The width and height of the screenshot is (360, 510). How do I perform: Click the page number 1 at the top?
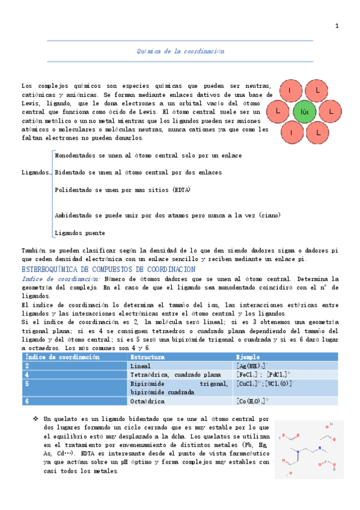(337, 26)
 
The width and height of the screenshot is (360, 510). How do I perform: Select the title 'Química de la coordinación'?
(180, 52)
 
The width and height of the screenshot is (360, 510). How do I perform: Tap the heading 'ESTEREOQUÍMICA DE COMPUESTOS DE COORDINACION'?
(108, 269)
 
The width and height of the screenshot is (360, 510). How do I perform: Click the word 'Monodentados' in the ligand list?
(74, 156)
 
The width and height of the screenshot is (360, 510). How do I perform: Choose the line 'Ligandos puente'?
(80, 233)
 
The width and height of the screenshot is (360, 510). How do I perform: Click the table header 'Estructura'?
(146, 357)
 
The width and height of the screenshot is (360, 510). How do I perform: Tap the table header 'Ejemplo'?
(249, 357)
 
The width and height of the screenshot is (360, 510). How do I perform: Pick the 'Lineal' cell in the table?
(140, 366)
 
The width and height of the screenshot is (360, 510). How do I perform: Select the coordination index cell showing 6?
(27, 401)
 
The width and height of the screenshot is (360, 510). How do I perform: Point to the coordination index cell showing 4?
(27, 374)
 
